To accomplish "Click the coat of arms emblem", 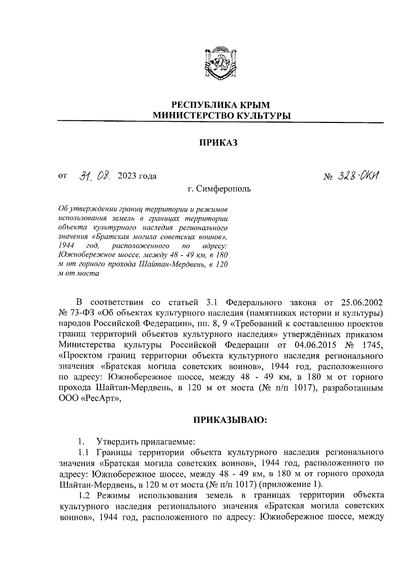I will click(220, 63).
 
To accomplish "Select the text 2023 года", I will click(137, 176).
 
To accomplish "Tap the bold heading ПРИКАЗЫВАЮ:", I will click(230, 421).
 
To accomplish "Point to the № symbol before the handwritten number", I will click(328, 177).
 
